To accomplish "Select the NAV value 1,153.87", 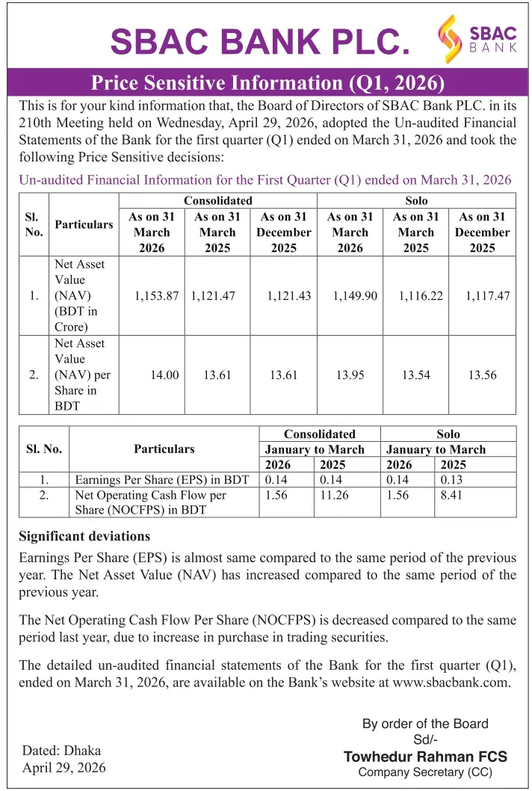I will tap(156, 296).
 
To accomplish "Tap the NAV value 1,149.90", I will tap(355, 296).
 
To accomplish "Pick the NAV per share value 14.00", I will tap(164, 375).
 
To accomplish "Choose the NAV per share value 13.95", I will tap(350, 375).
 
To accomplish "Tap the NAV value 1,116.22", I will tap(421, 296).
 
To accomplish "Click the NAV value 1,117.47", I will tap(487, 296).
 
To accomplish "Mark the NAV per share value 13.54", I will tap(416, 375).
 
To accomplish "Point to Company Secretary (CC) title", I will tap(425, 772).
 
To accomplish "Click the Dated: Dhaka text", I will tap(61, 751).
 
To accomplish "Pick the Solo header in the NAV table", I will tap(416, 201).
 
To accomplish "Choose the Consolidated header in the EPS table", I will tap(319, 434).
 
